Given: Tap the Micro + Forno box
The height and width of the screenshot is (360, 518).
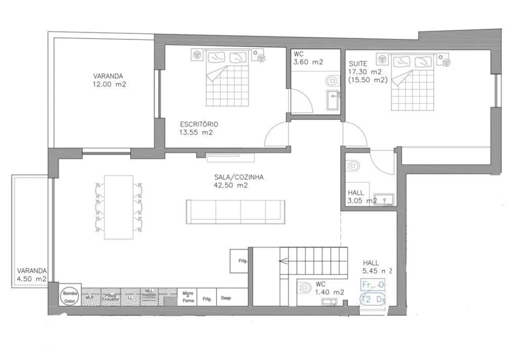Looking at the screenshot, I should click(x=187, y=296).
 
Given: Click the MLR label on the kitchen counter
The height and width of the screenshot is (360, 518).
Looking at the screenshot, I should click(x=90, y=297).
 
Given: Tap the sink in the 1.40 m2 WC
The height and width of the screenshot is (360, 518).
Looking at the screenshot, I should click(x=329, y=301).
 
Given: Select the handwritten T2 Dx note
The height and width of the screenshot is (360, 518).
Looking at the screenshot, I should click(x=373, y=299).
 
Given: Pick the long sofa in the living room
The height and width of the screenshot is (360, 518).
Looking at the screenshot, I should click(x=235, y=211).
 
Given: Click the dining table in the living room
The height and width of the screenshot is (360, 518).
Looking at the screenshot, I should click(x=118, y=207).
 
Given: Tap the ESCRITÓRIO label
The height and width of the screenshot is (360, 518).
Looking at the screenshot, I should click(x=198, y=128).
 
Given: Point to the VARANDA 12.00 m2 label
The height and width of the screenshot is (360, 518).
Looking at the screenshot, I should click(x=109, y=80).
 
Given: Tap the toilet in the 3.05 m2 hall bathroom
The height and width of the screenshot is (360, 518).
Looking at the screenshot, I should click(x=353, y=165).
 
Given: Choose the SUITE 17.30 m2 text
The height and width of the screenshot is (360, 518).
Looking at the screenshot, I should click(x=367, y=72).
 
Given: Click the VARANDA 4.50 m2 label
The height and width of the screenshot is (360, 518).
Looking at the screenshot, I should click(x=31, y=274).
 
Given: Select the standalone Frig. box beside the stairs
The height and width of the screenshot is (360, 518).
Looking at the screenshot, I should click(x=239, y=260).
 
